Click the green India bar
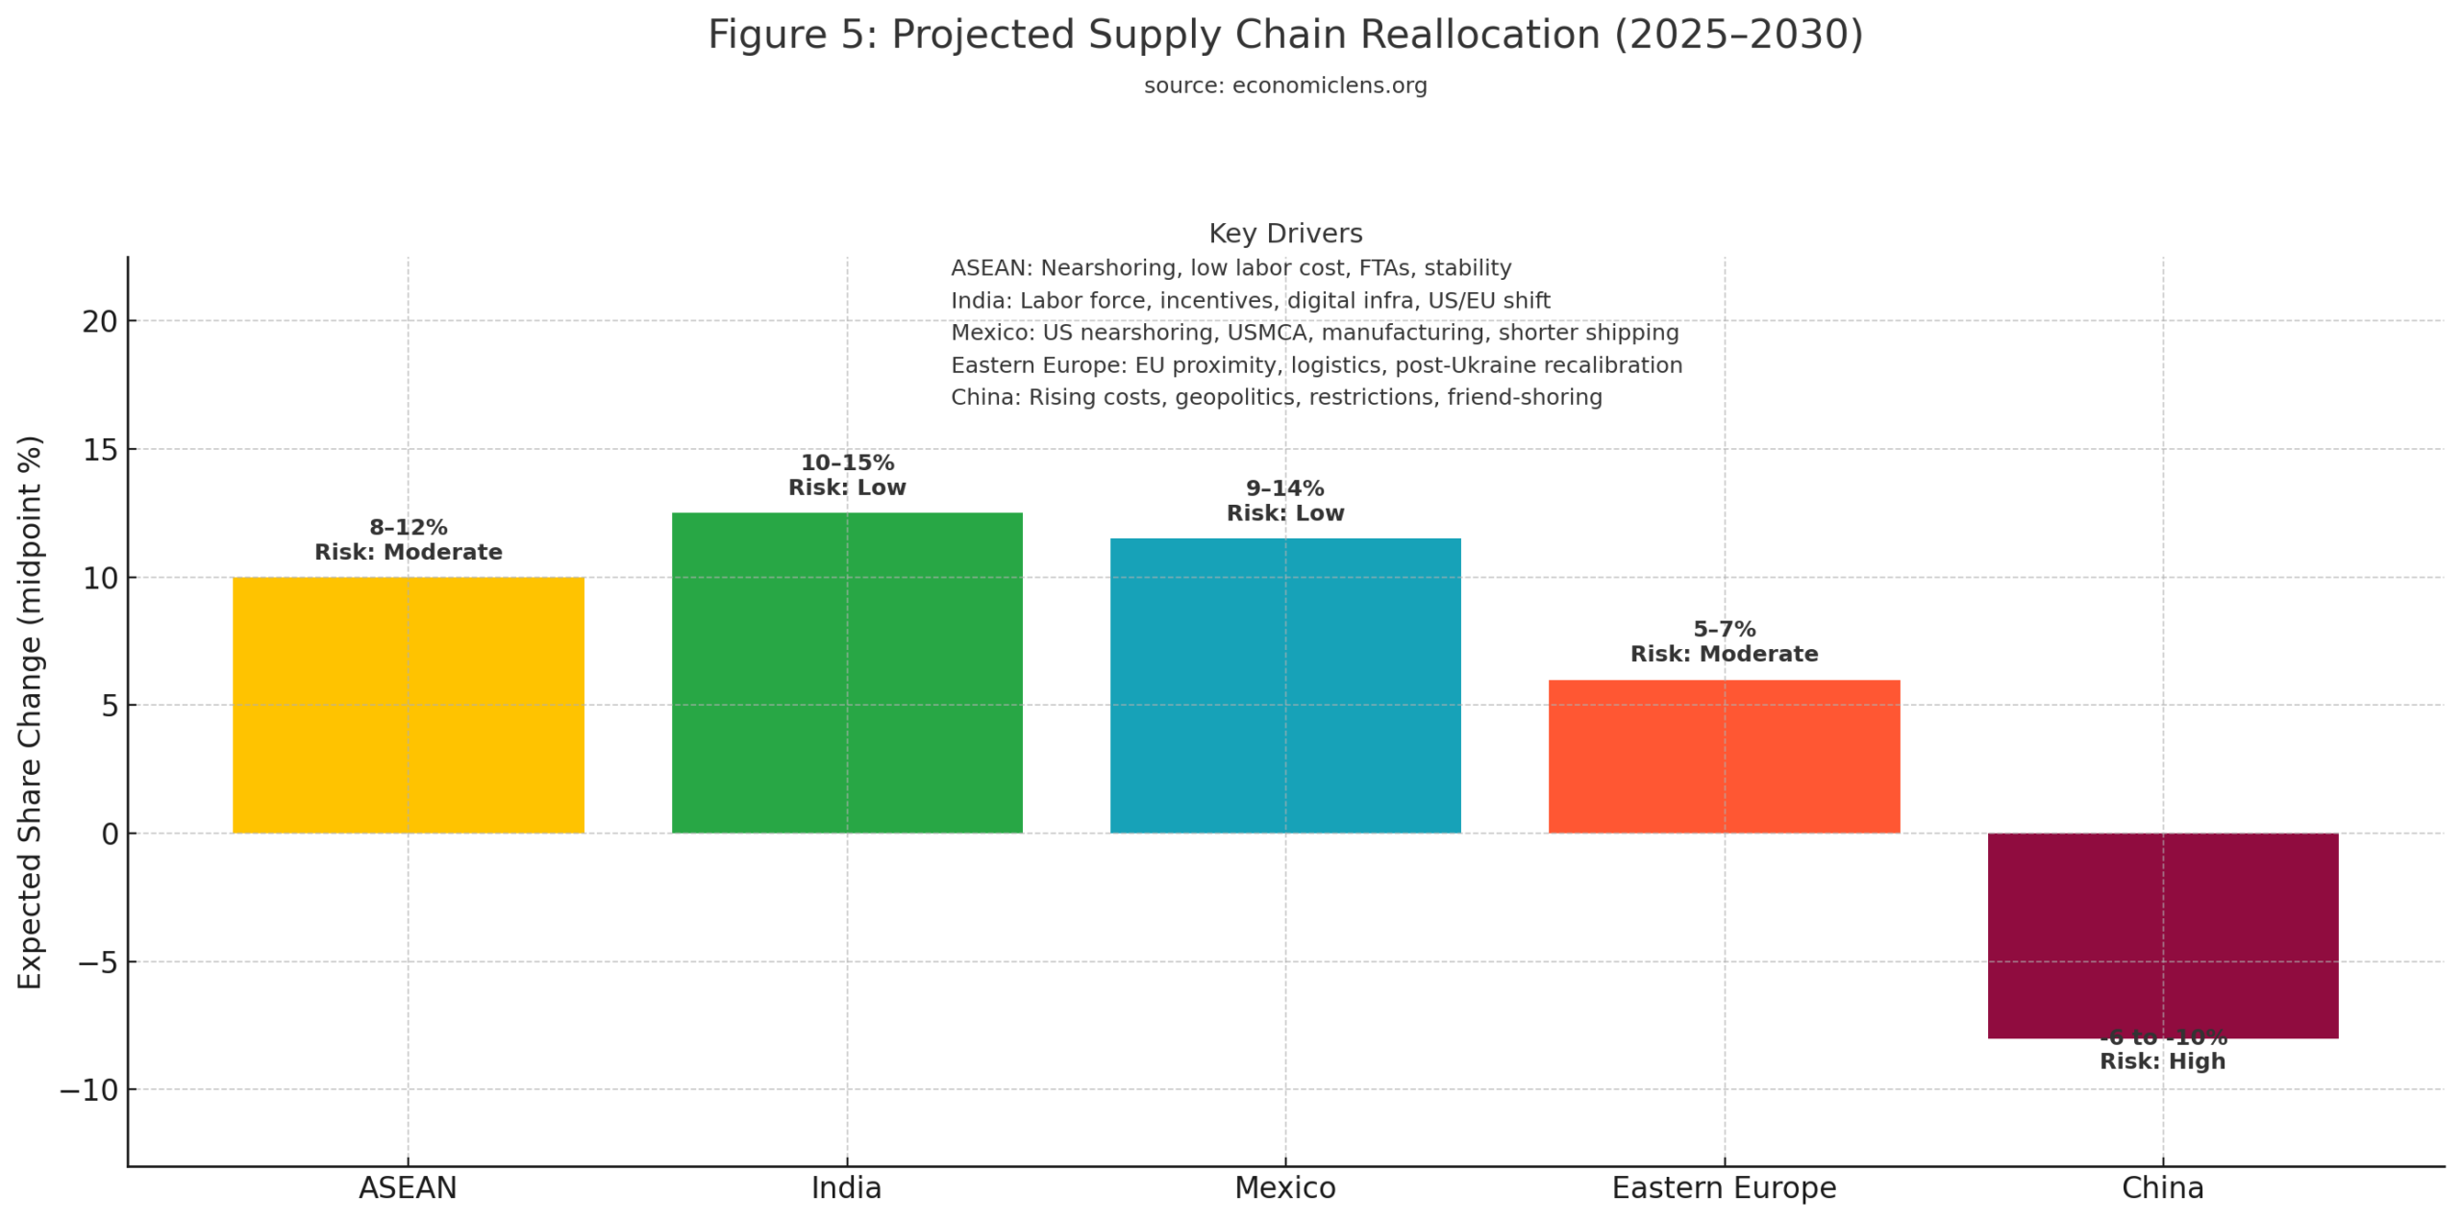coord(846,673)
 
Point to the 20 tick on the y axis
coord(99,321)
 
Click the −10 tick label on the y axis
coord(88,1090)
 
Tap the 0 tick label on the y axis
coord(110,834)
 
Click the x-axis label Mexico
coord(1284,1188)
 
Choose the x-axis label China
coord(2162,1188)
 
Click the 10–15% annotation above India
coord(846,462)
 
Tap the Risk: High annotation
coord(2162,1061)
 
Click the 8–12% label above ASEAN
coord(408,527)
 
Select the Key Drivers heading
coord(1284,234)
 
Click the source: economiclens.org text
coord(1284,86)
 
